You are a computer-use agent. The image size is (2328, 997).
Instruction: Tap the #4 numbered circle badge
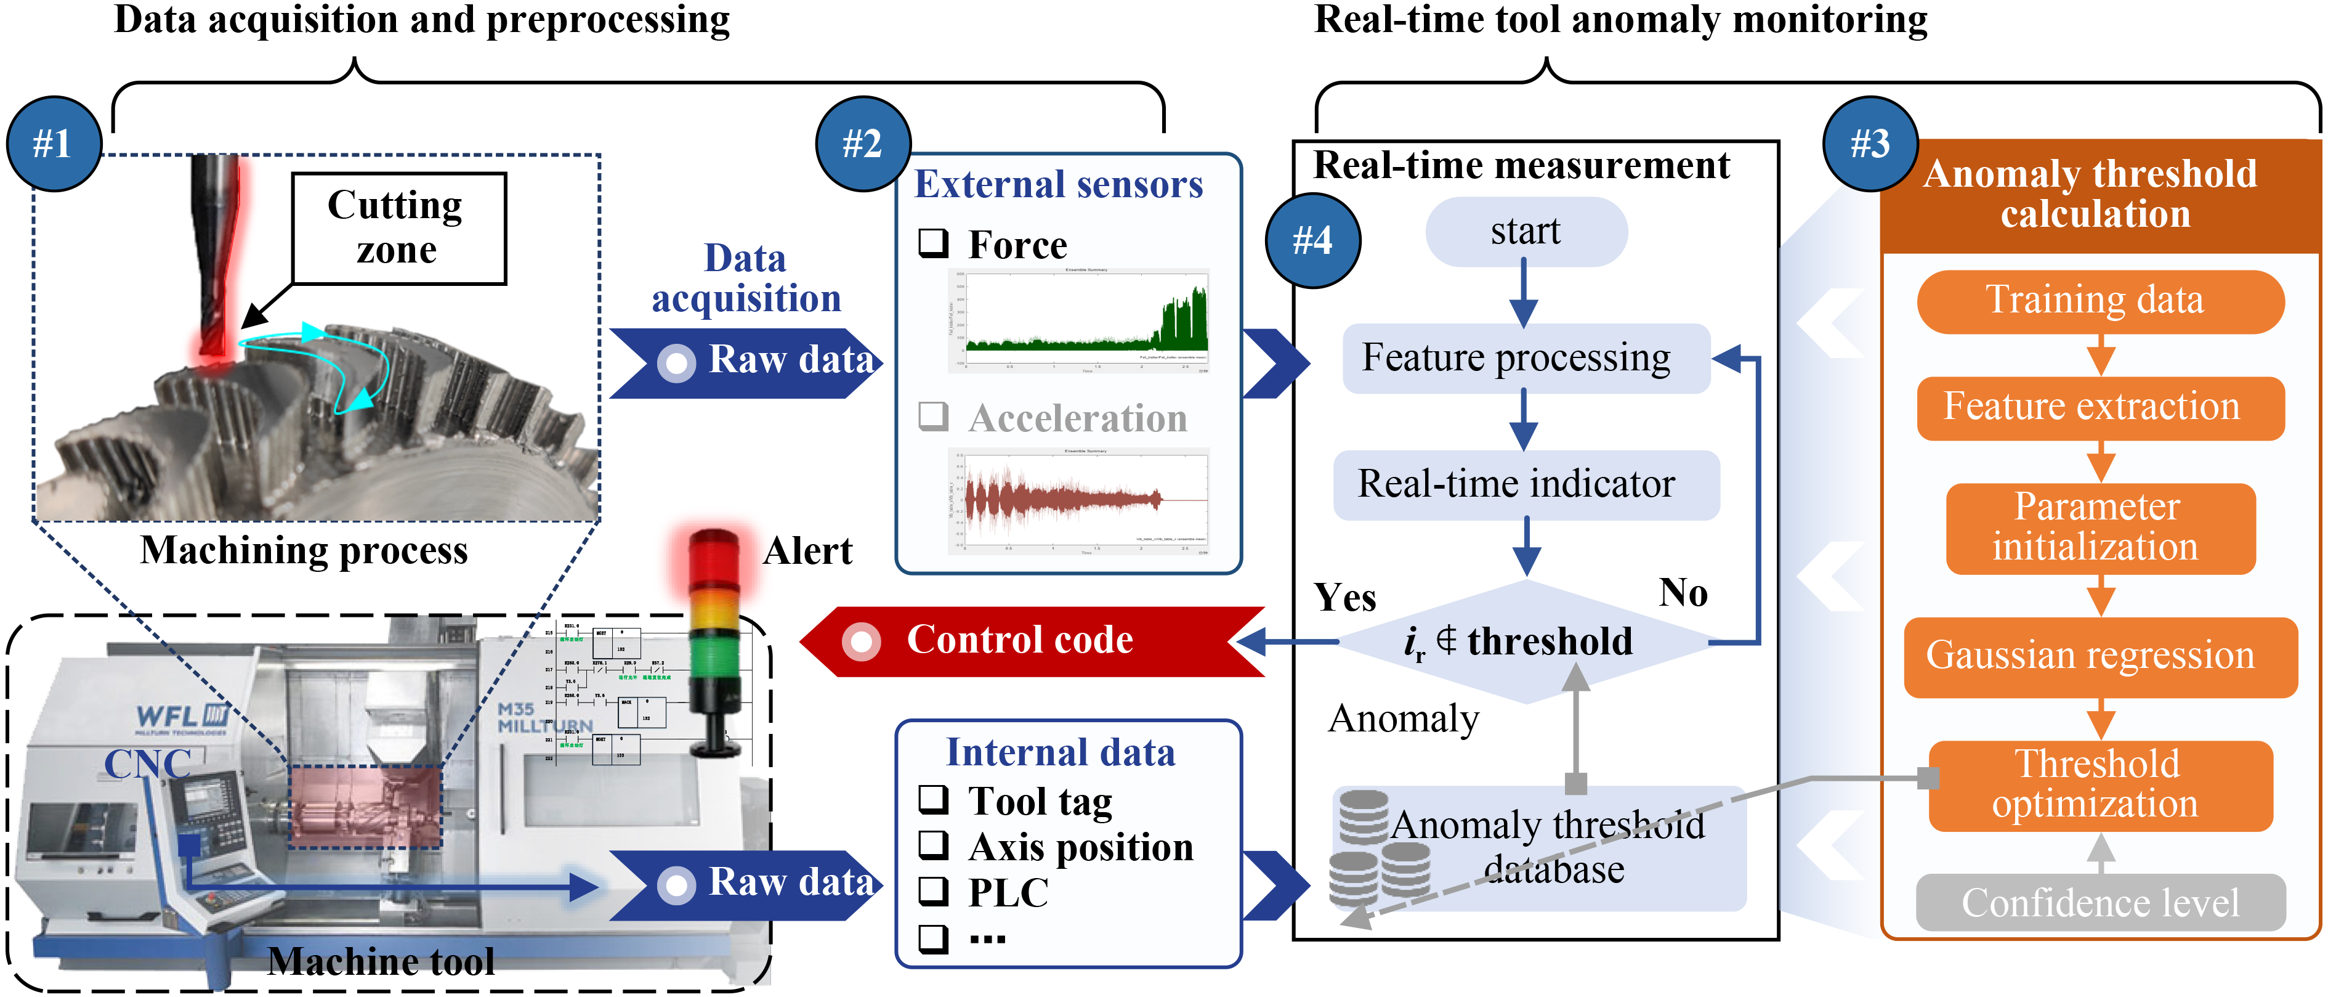(1313, 240)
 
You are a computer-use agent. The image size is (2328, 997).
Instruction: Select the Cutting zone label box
(398, 229)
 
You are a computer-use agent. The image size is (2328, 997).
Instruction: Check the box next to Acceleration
(934, 417)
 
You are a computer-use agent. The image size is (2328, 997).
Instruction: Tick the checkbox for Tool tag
(934, 799)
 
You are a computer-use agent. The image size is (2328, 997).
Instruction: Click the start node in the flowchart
(1526, 232)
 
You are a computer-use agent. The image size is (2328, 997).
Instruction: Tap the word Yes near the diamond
(1344, 598)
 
